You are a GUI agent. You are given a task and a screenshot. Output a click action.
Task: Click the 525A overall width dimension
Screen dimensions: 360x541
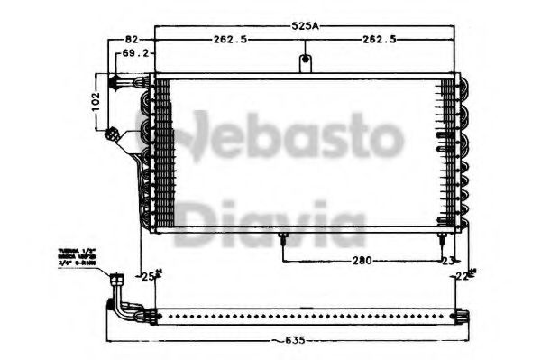coord(304,27)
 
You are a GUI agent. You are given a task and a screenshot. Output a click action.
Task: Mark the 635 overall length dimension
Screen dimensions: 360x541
coord(287,341)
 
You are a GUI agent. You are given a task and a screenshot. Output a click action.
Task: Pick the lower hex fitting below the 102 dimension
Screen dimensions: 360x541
coord(113,134)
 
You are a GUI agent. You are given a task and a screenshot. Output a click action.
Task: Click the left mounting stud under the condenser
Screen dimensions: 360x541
coord(285,239)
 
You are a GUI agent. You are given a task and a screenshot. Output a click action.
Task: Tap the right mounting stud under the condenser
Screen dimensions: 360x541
coord(440,239)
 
